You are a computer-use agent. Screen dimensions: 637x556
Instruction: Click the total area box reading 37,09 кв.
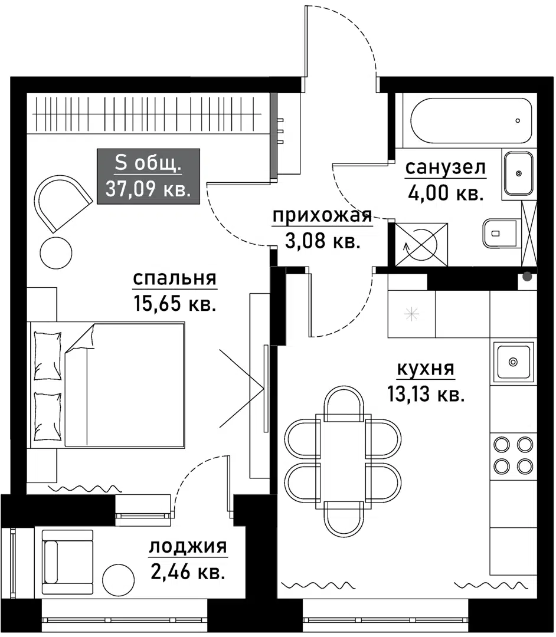pos(148,177)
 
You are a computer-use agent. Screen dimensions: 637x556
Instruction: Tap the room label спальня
pos(175,278)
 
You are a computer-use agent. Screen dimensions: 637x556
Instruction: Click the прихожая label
pos(322,216)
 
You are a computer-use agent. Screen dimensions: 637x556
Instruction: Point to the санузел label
pos(445,168)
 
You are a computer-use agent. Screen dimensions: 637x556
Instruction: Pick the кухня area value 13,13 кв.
pos(425,394)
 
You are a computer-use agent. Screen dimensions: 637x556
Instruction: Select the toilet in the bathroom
pos(499,233)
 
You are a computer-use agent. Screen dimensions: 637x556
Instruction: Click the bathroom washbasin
pos(519,173)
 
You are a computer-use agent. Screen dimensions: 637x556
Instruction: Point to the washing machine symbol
pos(420,244)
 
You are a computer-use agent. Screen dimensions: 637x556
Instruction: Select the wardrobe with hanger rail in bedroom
pos(148,114)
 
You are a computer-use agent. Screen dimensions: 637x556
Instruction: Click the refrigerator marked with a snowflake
pos(411,314)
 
